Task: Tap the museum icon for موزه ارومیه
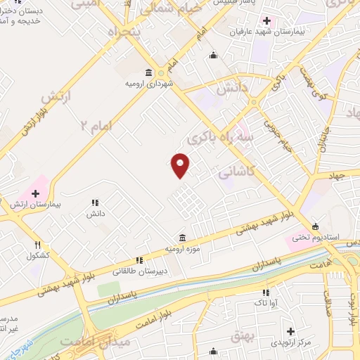tap(183, 237)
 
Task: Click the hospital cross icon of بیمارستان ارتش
tap(35, 192)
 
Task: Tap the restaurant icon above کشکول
tap(37, 245)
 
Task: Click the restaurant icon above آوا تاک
tap(266, 292)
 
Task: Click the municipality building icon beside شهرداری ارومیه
tap(148, 72)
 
